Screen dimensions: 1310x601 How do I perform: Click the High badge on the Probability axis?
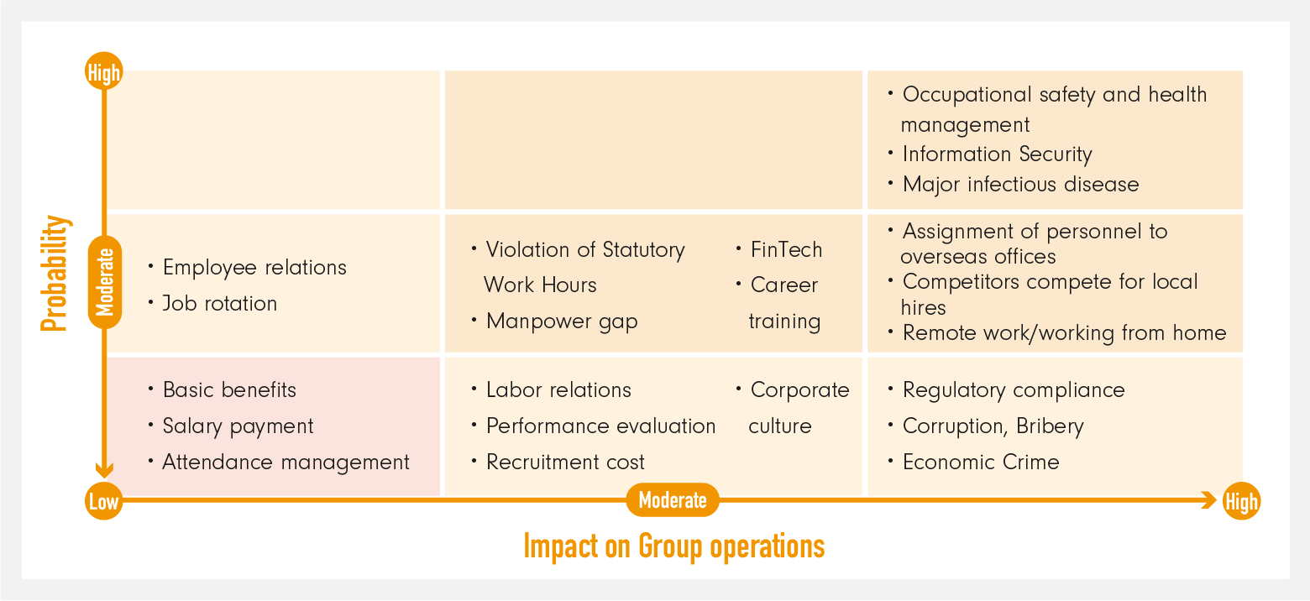(104, 72)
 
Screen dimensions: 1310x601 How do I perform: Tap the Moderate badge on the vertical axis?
(105, 282)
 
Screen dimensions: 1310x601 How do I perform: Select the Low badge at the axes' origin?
(104, 501)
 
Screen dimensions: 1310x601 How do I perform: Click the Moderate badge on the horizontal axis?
(673, 500)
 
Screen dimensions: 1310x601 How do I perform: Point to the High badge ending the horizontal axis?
(1241, 501)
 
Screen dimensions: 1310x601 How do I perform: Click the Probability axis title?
(55, 273)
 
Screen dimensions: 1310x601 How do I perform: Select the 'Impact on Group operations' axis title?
(673, 546)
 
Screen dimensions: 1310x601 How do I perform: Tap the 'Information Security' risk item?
(997, 154)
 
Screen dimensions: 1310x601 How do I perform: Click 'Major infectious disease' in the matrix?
(1020, 185)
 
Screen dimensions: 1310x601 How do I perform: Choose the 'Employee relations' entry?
(254, 268)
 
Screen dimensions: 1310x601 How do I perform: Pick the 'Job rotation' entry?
(219, 303)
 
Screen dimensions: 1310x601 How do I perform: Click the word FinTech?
(786, 249)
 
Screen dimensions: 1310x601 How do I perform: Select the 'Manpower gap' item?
(562, 321)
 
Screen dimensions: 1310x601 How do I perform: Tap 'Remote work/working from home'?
(1064, 333)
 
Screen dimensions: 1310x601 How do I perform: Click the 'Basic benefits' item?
(229, 390)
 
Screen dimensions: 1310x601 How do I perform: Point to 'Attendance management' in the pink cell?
(286, 463)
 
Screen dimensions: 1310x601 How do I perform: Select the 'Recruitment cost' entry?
(565, 463)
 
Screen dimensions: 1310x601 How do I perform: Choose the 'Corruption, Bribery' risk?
(993, 426)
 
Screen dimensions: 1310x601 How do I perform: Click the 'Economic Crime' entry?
(981, 463)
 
